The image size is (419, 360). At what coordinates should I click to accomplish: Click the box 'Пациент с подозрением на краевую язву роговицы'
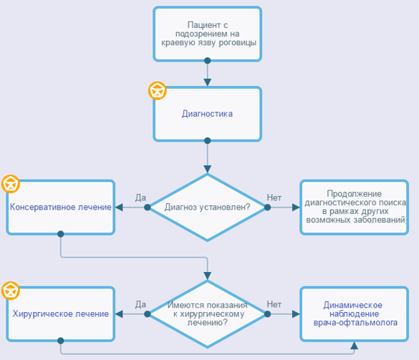coord(208,34)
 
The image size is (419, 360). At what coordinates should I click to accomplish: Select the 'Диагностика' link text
coord(208,114)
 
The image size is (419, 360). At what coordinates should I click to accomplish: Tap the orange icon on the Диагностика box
coord(158,91)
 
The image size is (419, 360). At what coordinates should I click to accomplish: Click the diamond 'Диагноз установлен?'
coord(208,208)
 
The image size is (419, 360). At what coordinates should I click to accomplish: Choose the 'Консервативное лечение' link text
coord(61,207)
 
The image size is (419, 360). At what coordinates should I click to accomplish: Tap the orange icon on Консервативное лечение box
coord(11,184)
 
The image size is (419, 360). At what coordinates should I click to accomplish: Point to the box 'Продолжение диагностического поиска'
coord(355,208)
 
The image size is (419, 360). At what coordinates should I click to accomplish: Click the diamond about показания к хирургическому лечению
coord(208,314)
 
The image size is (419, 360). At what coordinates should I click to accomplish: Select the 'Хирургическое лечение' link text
coord(61,313)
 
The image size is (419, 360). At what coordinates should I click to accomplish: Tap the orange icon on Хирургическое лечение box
coord(11,291)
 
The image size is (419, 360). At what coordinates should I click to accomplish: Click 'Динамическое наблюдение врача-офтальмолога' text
coord(355,313)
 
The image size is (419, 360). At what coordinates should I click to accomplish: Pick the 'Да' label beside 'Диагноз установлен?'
coord(140,198)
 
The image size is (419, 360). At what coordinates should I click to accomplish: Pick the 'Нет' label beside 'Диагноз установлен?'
coord(274,198)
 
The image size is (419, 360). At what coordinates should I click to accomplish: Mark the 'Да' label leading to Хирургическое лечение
coord(140,304)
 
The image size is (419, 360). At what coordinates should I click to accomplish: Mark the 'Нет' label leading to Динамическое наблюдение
coord(274,304)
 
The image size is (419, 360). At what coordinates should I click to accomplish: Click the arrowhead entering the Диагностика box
coord(208,82)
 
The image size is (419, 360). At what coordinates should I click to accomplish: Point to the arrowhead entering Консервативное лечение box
coord(119,208)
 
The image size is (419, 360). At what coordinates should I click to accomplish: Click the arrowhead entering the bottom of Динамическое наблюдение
coord(355,346)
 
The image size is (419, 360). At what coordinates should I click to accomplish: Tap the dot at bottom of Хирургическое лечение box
coord(61,341)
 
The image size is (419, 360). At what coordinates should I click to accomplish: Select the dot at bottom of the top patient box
coord(208,61)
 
